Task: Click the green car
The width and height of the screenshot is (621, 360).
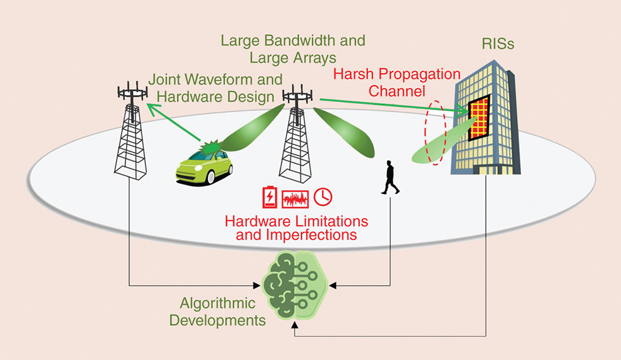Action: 204,166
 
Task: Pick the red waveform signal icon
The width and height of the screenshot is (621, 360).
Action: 296,197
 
